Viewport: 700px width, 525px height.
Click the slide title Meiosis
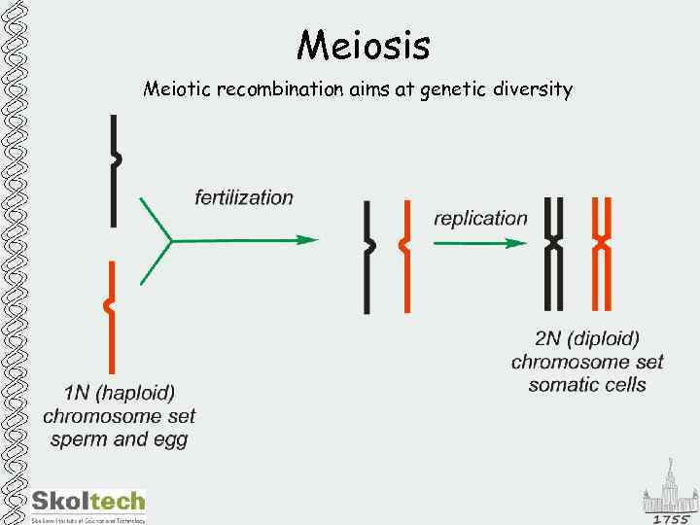click(x=364, y=45)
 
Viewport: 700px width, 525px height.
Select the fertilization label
click(x=244, y=197)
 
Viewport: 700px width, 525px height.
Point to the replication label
click(x=480, y=218)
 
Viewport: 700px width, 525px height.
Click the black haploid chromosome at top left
click(x=115, y=170)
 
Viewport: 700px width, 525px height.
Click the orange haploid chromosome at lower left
click(x=113, y=316)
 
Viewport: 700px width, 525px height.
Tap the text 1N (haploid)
click(x=120, y=394)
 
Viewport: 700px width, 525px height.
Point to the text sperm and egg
click(x=120, y=439)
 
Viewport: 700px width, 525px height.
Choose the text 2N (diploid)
click(x=587, y=339)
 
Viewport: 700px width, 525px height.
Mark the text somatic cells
click(x=587, y=385)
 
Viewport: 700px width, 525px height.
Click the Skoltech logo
click(x=88, y=504)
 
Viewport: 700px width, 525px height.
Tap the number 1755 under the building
click(x=670, y=519)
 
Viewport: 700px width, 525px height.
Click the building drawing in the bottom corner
click(x=670, y=491)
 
